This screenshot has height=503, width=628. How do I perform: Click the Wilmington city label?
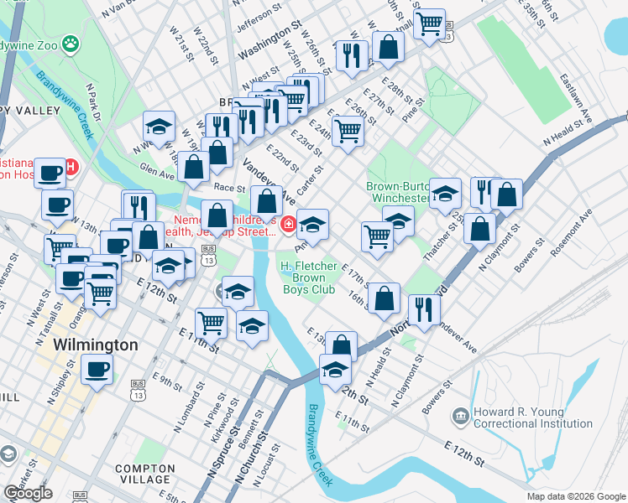point(96,345)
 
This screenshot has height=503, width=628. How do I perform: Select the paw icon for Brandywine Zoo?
point(73,40)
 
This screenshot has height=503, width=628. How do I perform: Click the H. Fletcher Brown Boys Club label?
point(308,277)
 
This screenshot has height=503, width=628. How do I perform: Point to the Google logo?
point(29,493)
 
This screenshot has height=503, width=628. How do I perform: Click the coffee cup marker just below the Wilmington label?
point(97,369)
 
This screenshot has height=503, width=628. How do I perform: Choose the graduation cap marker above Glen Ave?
point(159,127)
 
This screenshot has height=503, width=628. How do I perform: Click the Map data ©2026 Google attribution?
point(575,496)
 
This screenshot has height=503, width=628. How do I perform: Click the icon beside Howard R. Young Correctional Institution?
point(460,416)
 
